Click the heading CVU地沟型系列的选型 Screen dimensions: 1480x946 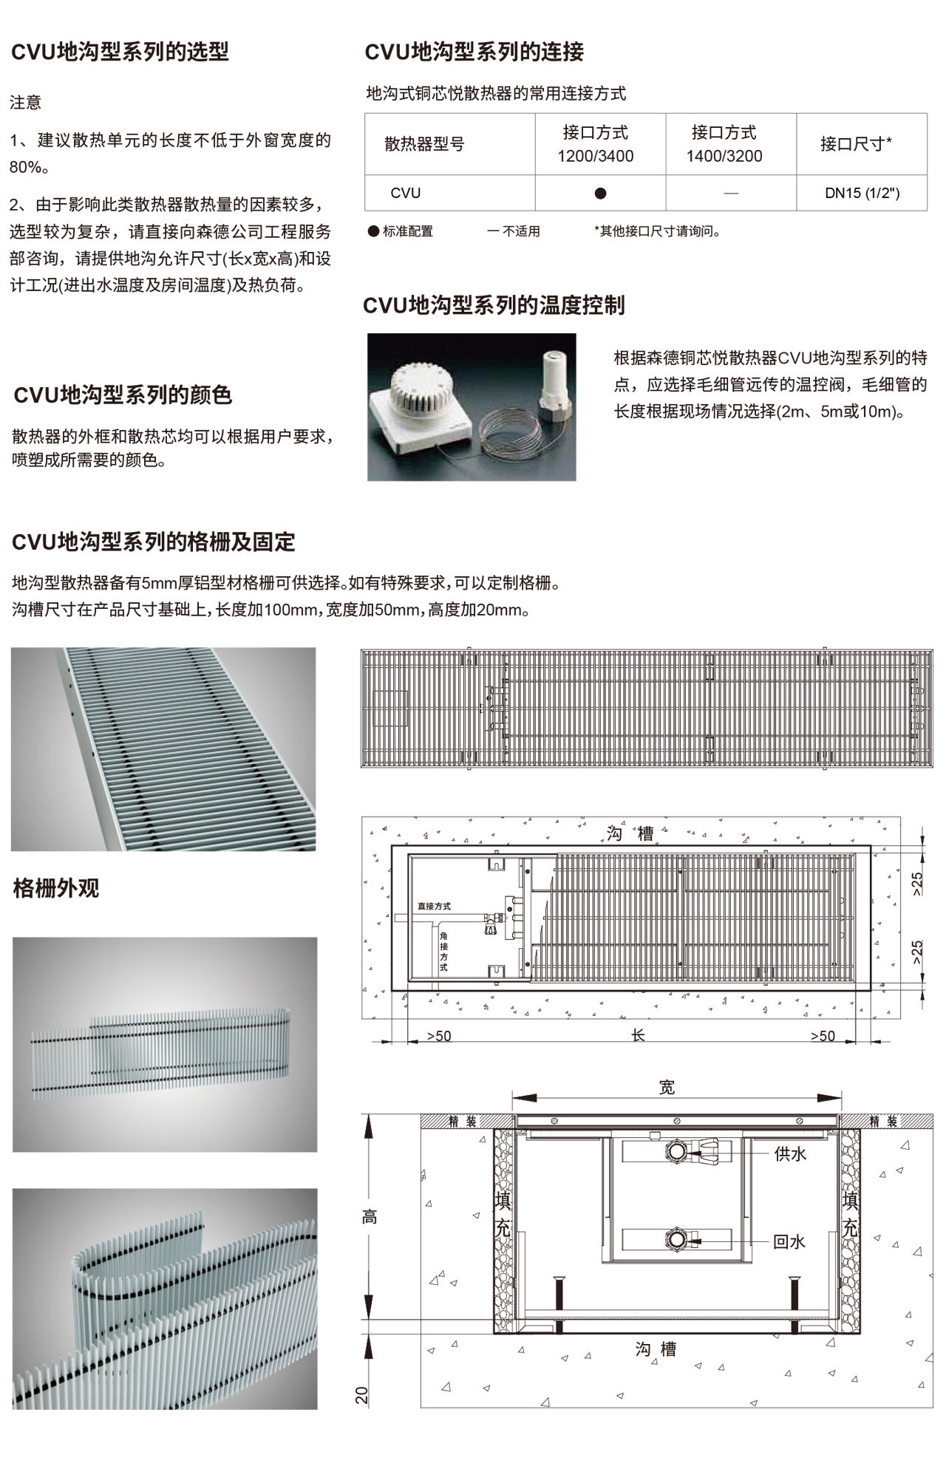(x=120, y=52)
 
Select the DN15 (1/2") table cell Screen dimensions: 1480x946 (x=862, y=194)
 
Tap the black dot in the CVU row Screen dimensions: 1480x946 (x=600, y=194)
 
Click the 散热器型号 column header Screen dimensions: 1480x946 (x=424, y=144)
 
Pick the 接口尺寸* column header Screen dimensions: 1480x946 (x=856, y=144)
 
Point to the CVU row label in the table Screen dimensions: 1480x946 (x=405, y=194)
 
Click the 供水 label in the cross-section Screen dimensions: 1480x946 (x=790, y=1153)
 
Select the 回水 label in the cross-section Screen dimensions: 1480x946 (x=789, y=1242)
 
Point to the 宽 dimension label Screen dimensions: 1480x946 (x=667, y=1087)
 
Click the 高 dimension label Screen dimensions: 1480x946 (x=370, y=1217)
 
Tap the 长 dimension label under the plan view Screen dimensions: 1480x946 (x=638, y=1035)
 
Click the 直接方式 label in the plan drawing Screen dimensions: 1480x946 (x=434, y=906)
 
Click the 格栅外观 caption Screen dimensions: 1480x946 (x=56, y=888)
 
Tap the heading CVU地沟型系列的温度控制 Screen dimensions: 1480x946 (x=494, y=305)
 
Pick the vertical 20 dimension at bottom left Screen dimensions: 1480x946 (x=361, y=1395)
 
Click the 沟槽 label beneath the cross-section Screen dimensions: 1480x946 (x=656, y=1349)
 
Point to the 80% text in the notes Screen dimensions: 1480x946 (x=27, y=168)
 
